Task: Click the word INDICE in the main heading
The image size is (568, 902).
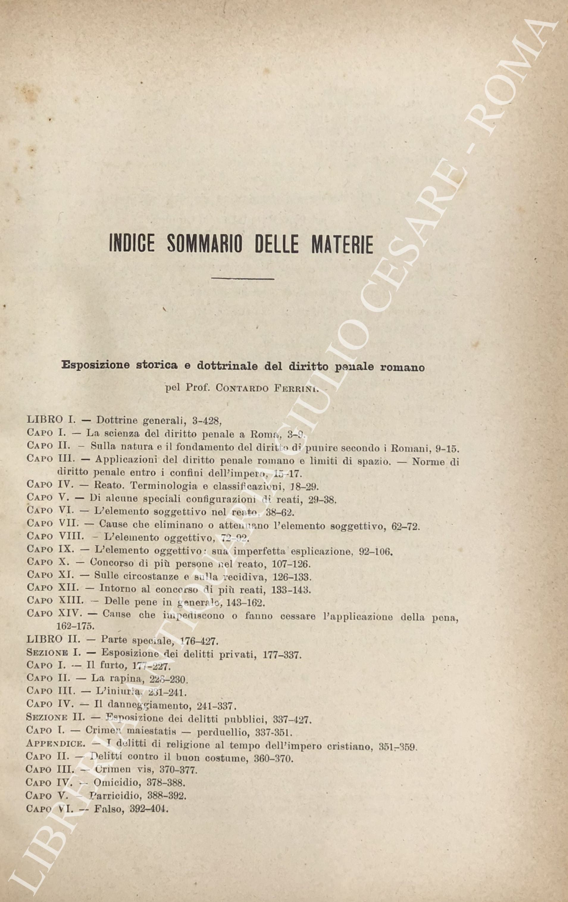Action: (133, 244)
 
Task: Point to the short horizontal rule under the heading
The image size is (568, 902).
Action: (243, 278)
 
